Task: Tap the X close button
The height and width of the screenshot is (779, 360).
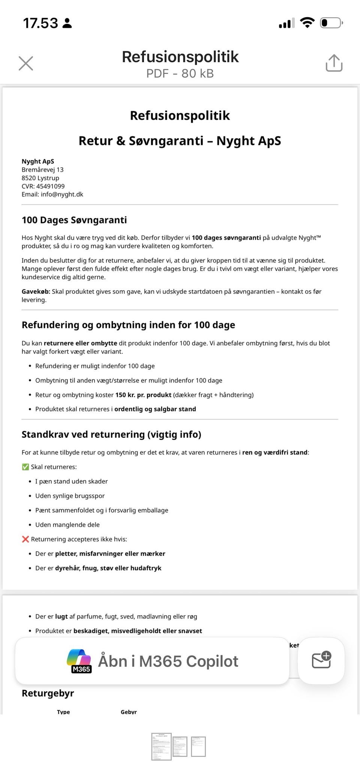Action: [x=26, y=63]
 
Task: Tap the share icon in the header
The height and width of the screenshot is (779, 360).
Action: [x=334, y=63]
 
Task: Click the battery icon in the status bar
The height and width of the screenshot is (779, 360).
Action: [x=331, y=23]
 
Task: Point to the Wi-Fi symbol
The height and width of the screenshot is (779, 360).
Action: [x=307, y=23]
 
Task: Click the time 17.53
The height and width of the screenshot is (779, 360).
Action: [x=40, y=23]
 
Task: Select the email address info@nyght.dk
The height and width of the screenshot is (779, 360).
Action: [x=62, y=194]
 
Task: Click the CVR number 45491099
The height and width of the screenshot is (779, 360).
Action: [x=50, y=186]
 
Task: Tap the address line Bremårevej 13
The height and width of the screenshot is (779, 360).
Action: [x=42, y=169]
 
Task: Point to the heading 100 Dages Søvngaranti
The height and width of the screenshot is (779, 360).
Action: [x=74, y=220]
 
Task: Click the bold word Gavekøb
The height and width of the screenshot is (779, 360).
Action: [x=36, y=291]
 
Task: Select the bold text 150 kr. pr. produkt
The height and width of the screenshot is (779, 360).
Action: [x=143, y=395]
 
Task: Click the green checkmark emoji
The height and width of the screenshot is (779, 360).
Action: [x=25, y=467]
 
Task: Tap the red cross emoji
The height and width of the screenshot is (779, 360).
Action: [x=25, y=539]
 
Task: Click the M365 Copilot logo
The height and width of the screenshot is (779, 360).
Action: [x=79, y=661]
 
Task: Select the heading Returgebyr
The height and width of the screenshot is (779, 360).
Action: [x=48, y=693]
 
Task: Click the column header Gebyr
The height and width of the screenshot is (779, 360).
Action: [x=129, y=712]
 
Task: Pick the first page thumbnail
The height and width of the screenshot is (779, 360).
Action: [x=161, y=746]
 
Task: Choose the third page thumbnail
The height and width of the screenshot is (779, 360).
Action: [x=198, y=746]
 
